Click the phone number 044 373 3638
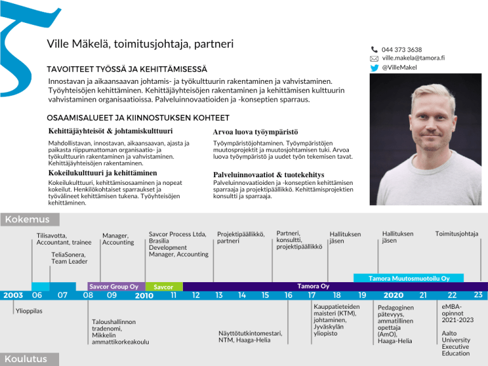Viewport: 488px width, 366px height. [x=402, y=50]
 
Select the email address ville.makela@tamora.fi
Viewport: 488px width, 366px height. [x=412, y=58]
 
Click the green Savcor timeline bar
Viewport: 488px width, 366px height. [x=163, y=287]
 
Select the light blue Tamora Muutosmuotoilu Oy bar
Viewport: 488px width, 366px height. [x=409, y=278]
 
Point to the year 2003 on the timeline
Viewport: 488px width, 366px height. [x=13, y=295]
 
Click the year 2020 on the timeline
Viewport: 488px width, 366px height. [x=393, y=295]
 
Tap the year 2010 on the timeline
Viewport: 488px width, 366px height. [x=144, y=295]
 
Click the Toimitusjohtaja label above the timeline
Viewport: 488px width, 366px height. [x=456, y=234]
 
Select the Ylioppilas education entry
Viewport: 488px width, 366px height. [x=29, y=311]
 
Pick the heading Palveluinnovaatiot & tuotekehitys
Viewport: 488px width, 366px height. [x=268, y=175]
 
